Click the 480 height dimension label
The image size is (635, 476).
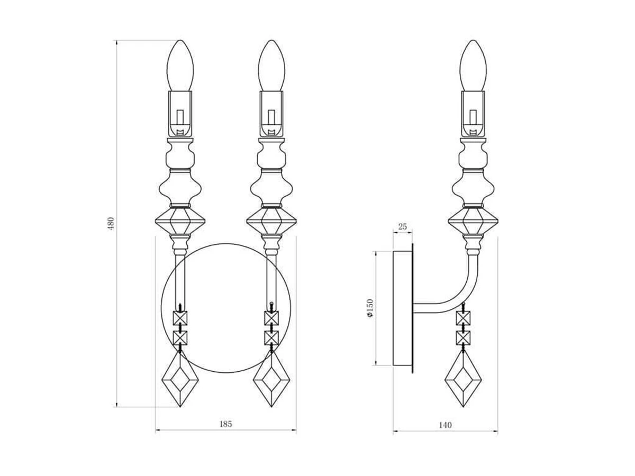(x=111, y=223)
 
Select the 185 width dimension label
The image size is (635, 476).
(x=225, y=424)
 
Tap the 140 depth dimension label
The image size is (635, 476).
(x=445, y=425)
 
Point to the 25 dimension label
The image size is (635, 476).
(x=402, y=226)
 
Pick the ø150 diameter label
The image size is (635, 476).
(x=370, y=308)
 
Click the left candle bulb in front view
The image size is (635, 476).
(x=180, y=65)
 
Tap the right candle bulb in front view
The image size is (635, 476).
(x=271, y=65)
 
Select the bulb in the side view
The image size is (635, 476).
(x=473, y=65)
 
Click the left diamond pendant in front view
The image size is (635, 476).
(x=180, y=379)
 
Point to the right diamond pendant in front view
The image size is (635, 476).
(x=271, y=379)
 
